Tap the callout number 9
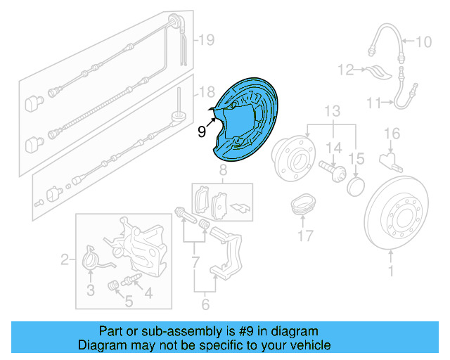201,130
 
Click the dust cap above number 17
304,202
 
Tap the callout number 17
304,236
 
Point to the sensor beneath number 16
388,160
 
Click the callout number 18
205,92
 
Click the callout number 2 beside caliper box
65,261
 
